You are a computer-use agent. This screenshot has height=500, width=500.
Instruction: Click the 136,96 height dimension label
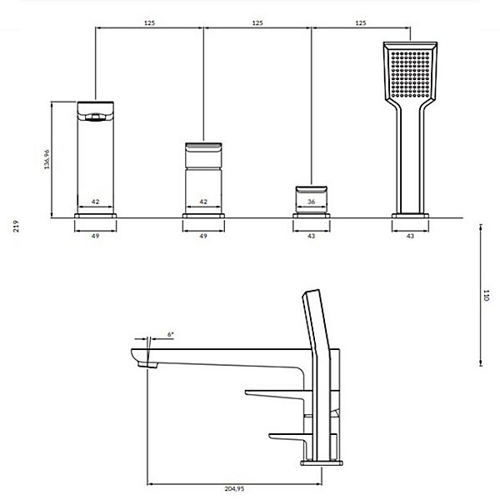tap(47, 159)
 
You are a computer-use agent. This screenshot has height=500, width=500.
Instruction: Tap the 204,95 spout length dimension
tap(234, 488)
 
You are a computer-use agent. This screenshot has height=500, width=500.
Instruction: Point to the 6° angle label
tap(171, 334)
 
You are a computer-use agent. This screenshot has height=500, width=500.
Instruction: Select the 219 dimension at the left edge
tap(16, 226)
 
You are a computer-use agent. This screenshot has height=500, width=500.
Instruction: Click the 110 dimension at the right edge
tap(486, 295)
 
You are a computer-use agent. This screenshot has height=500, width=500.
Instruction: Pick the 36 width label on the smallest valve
tap(312, 202)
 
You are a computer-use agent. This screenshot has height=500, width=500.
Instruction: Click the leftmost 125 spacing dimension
tap(149, 23)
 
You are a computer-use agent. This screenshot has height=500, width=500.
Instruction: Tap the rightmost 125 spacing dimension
tap(361, 23)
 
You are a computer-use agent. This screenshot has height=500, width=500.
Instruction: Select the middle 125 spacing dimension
tap(257, 23)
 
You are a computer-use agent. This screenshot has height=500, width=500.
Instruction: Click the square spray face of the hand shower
tap(410, 74)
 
